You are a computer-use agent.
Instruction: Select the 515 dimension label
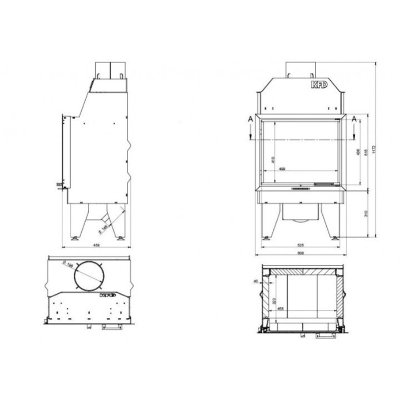(365, 151)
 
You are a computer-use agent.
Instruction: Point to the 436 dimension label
(356, 151)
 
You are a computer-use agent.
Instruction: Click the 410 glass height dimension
(273, 159)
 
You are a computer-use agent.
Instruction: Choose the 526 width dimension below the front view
(301, 245)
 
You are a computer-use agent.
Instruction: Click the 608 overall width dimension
(301, 253)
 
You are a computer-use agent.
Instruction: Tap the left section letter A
(251, 119)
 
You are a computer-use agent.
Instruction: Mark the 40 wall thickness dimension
(256, 281)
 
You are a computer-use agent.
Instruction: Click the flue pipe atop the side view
(110, 68)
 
